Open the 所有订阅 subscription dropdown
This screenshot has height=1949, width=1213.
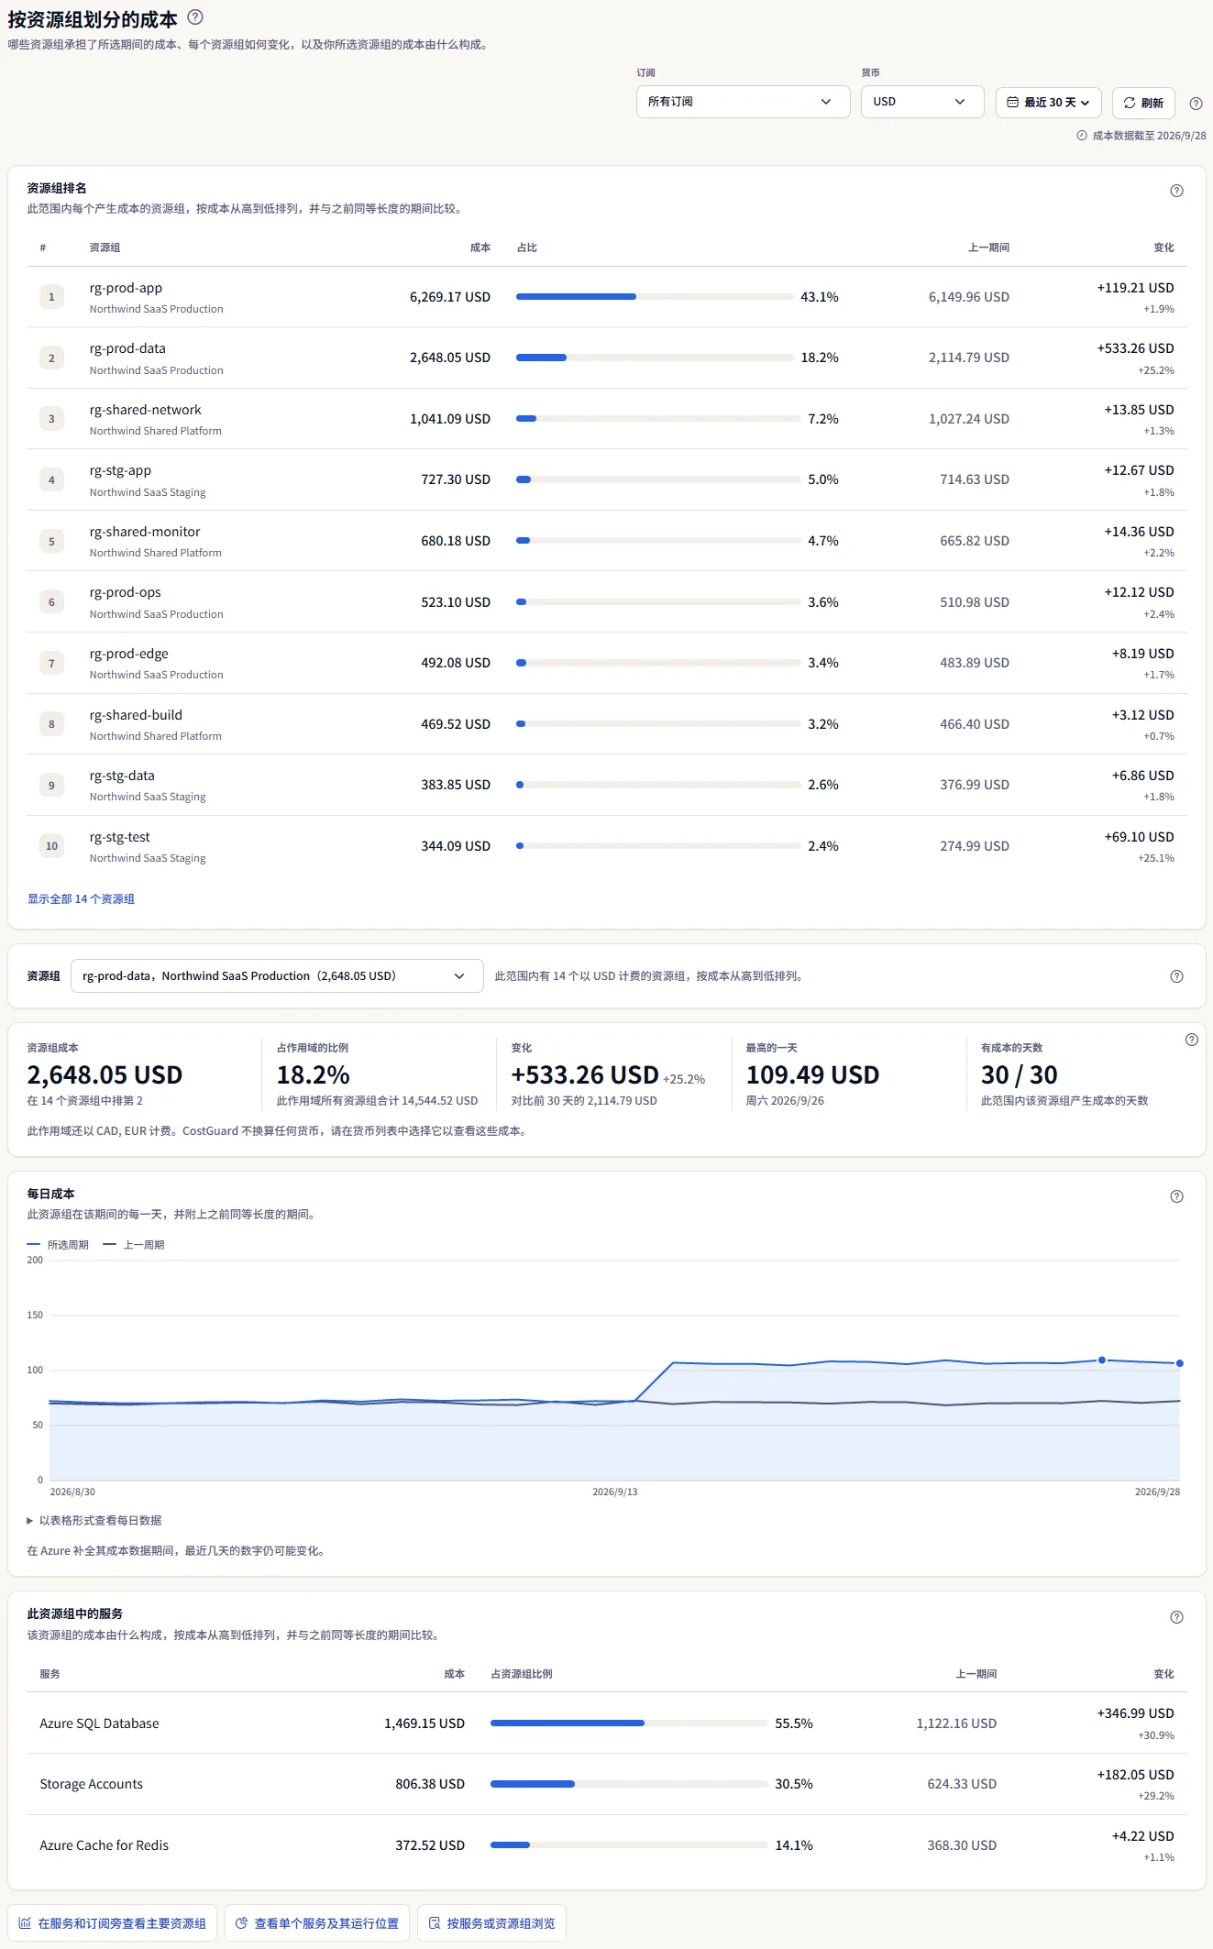click(x=743, y=102)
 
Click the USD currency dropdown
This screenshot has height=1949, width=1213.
click(x=922, y=102)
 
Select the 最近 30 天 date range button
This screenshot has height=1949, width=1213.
click(x=1048, y=103)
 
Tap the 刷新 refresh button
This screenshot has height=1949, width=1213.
click(x=1143, y=103)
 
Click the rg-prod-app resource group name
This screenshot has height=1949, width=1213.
click(x=126, y=288)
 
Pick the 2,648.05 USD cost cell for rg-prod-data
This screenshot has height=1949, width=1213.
click(x=450, y=358)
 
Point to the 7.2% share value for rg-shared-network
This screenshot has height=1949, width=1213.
click(x=823, y=419)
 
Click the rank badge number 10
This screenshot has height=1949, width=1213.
click(x=51, y=846)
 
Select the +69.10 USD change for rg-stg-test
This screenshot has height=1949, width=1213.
click(x=1139, y=837)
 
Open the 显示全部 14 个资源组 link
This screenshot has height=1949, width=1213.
click(x=81, y=899)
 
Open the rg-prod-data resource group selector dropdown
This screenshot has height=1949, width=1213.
click(x=277, y=976)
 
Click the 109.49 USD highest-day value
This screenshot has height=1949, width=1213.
click(x=812, y=1074)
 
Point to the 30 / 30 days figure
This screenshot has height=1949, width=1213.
click(x=1019, y=1074)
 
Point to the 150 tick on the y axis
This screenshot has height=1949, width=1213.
click(x=35, y=1315)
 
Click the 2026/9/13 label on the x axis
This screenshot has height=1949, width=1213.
click(x=614, y=1492)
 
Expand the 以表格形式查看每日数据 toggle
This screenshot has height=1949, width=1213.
click(x=94, y=1520)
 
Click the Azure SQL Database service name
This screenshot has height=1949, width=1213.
click(x=99, y=1723)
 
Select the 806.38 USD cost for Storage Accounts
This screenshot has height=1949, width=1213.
click(x=430, y=1784)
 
